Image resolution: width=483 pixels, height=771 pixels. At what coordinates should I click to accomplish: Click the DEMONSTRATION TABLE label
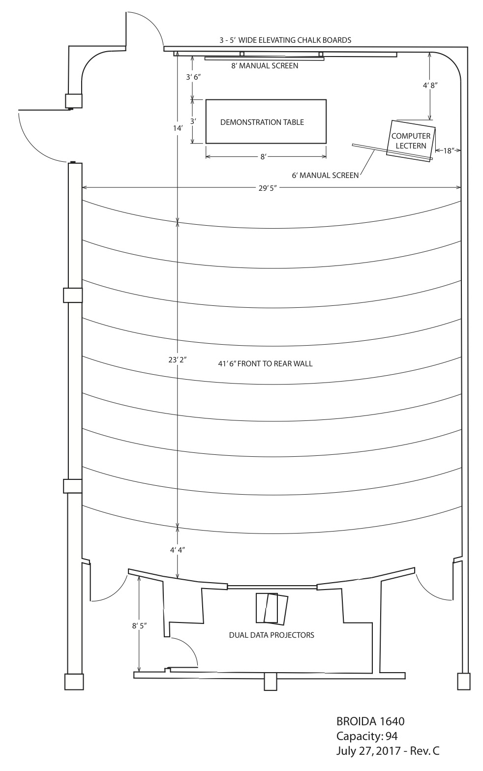click(x=262, y=122)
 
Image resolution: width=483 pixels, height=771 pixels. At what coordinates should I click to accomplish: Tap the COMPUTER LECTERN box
click(x=411, y=141)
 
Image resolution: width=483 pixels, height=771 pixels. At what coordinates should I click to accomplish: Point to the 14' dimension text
click(x=178, y=128)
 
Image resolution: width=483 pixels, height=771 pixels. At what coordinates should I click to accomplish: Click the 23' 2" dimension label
click(x=177, y=360)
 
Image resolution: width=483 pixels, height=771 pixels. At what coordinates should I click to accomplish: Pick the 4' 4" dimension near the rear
click(x=177, y=550)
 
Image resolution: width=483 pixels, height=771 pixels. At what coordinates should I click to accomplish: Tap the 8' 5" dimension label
click(x=139, y=626)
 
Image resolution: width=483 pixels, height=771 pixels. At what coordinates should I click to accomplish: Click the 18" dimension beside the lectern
click(x=448, y=150)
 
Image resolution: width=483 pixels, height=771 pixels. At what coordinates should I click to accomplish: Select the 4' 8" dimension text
click(x=430, y=86)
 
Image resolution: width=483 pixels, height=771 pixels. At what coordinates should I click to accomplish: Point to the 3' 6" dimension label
click(x=193, y=77)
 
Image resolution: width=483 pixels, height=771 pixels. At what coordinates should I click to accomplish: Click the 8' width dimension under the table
click(x=263, y=157)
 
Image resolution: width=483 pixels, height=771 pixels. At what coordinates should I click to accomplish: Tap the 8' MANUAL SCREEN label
click(x=265, y=66)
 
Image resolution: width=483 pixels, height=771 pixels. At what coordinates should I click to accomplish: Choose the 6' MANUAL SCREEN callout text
click(x=325, y=176)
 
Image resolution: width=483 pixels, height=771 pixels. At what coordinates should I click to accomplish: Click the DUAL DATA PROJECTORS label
click(x=272, y=635)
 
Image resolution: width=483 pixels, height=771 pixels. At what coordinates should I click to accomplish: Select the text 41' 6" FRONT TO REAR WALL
click(x=266, y=364)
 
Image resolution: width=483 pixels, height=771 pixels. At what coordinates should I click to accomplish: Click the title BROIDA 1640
click(x=370, y=721)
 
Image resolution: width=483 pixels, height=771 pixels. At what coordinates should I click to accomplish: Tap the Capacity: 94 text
click(x=367, y=736)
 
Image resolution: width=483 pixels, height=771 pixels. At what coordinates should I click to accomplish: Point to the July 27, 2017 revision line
click(x=388, y=751)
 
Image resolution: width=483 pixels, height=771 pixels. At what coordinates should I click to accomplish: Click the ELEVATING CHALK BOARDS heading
click(x=285, y=40)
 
